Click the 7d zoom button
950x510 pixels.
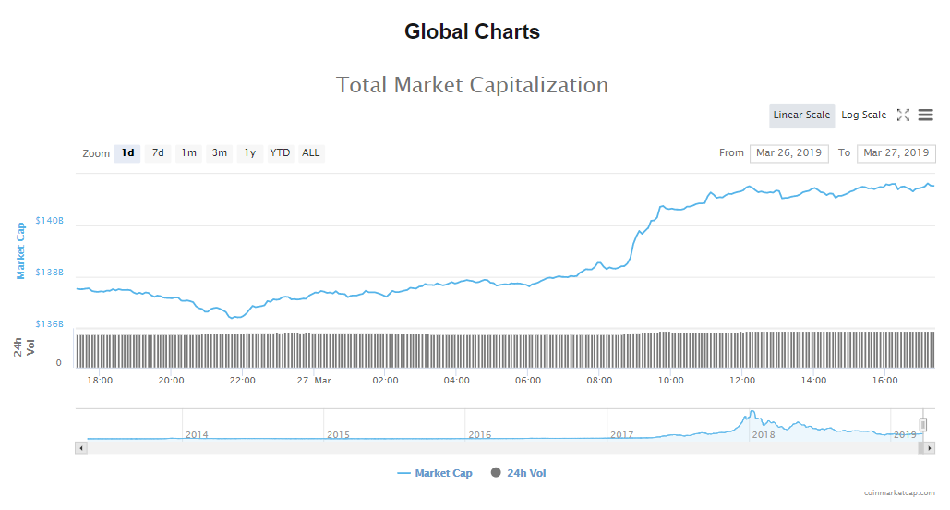pyautogui.click(x=158, y=153)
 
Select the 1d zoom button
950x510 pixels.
pyautogui.click(x=127, y=153)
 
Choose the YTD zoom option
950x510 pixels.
pyautogui.click(x=280, y=153)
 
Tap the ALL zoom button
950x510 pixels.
pyautogui.click(x=311, y=153)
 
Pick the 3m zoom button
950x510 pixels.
pyautogui.click(x=219, y=153)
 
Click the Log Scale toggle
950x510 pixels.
pyautogui.click(x=863, y=115)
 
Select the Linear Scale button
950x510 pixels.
pyautogui.click(x=801, y=115)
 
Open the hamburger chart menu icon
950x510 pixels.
pyautogui.click(x=925, y=115)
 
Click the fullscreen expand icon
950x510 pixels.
pyautogui.click(x=903, y=115)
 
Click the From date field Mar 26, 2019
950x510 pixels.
pyautogui.click(x=788, y=153)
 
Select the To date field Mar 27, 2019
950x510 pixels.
pyautogui.click(x=896, y=153)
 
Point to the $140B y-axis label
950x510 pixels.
pyautogui.click(x=49, y=221)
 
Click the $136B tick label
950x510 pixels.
pyautogui.click(x=49, y=324)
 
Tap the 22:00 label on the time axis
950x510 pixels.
pyautogui.click(x=242, y=381)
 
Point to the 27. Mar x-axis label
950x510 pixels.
pyautogui.click(x=314, y=381)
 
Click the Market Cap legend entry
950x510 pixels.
pyautogui.click(x=435, y=474)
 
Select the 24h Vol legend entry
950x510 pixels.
pyautogui.click(x=518, y=474)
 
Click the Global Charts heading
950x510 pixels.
pyautogui.click(x=472, y=31)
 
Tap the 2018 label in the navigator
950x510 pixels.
pyautogui.click(x=764, y=434)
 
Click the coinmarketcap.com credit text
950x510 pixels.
pyautogui.click(x=899, y=493)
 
